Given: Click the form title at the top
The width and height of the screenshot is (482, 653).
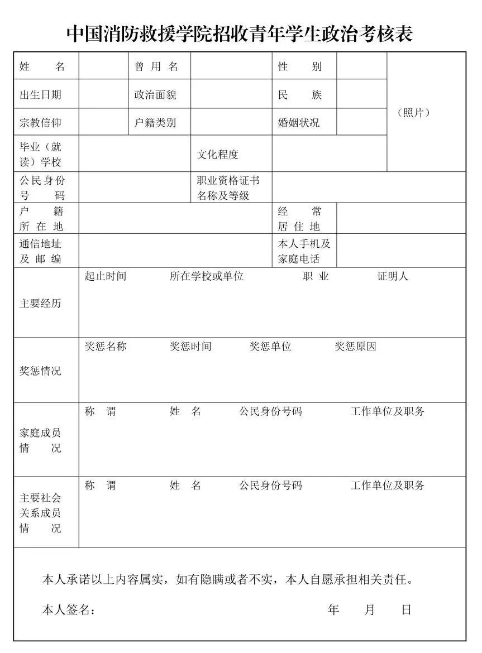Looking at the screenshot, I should tap(240, 34).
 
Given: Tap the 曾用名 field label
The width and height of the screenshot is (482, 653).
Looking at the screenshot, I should tap(156, 66).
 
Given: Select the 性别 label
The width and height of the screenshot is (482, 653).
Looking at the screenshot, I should tap(300, 66).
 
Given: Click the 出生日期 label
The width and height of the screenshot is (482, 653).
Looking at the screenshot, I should tap(41, 95).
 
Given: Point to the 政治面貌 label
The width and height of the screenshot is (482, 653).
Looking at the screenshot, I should tap(155, 95).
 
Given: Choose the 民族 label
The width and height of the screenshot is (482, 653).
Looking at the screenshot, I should tap(300, 95).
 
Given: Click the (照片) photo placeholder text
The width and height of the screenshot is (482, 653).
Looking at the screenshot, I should tap(414, 112).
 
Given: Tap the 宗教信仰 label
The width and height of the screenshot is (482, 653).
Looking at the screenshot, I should tap(41, 123).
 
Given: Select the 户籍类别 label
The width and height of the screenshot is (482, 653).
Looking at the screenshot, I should tap(155, 123).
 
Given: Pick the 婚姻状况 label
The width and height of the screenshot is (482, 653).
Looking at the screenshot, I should tap(299, 123).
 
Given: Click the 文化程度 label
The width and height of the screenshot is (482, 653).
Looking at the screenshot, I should tap(217, 155).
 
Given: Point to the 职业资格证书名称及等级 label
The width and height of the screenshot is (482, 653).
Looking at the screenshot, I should tap(228, 188).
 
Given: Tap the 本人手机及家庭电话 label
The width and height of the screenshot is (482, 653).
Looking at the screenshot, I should tap(304, 251).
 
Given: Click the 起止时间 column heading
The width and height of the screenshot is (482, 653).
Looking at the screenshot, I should tap(106, 276).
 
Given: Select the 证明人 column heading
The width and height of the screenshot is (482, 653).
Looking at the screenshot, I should tap(393, 276).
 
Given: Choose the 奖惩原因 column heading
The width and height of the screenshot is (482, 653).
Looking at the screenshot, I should tap(355, 347).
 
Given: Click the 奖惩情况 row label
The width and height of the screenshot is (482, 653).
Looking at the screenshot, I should tap(41, 371).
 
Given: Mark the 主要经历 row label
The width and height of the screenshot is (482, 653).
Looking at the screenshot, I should tap(41, 304).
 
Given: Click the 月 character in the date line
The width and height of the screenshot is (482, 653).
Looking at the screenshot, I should tap(370, 609).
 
